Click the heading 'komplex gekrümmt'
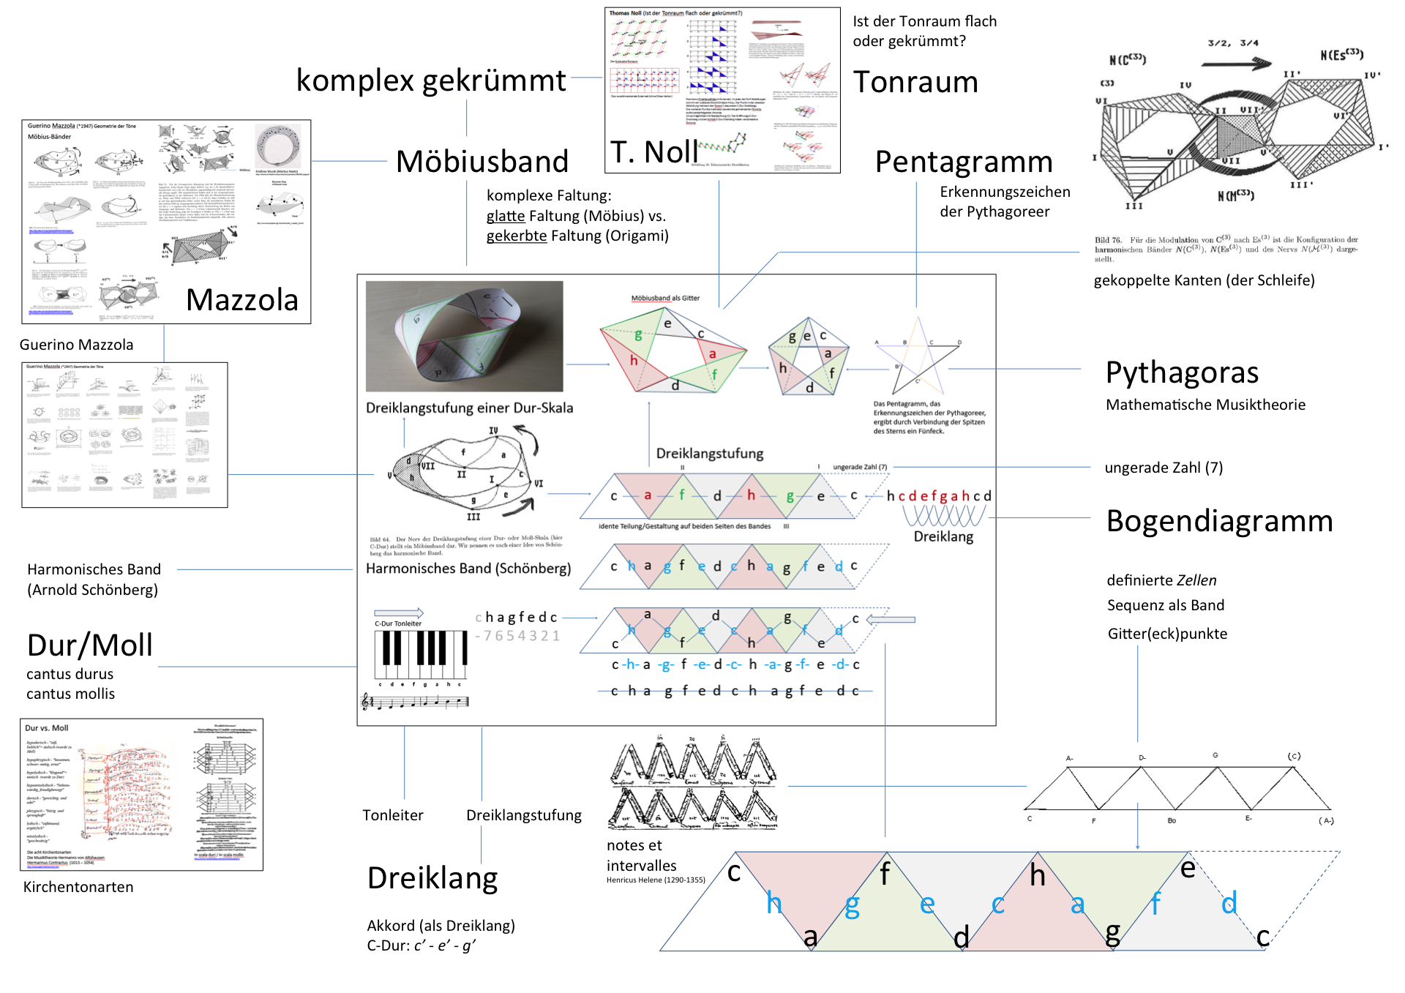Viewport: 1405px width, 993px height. (430, 80)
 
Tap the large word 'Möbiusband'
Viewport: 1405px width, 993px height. (482, 162)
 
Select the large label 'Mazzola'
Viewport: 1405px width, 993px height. (242, 300)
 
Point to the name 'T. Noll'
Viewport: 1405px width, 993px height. (653, 152)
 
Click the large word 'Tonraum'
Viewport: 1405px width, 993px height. (915, 82)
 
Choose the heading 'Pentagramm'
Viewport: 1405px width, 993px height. (963, 162)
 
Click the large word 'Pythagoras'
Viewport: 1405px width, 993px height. (1182, 372)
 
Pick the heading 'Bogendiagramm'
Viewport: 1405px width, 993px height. (1219, 521)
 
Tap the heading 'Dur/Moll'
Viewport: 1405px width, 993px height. (90, 645)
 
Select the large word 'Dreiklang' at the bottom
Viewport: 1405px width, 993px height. (432, 878)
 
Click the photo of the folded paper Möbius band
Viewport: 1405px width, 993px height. (465, 336)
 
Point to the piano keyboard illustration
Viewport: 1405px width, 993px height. (421, 655)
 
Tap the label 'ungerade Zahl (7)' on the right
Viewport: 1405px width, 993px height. (1164, 468)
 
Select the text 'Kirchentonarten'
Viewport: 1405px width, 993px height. (78, 887)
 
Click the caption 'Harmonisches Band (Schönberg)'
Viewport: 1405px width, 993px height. (468, 569)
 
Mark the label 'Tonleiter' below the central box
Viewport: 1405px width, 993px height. (393, 815)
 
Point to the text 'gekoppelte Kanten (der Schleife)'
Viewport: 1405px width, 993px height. (1204, 280)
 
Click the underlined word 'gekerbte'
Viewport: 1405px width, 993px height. (517, 236)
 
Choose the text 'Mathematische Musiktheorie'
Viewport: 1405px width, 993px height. (1205, 405)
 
